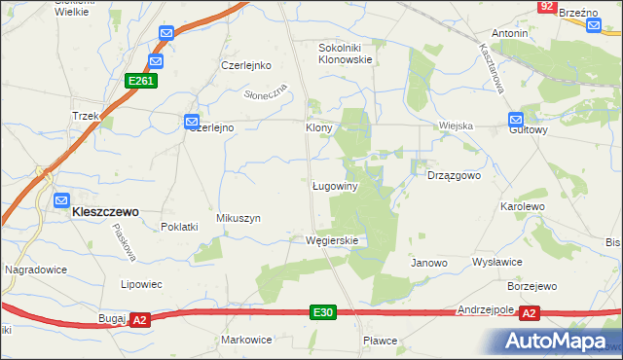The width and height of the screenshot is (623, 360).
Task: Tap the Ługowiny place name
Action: (337, 185)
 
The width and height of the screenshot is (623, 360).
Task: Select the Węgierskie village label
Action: (332, 240)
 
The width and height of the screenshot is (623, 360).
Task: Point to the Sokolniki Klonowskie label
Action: (346, 53)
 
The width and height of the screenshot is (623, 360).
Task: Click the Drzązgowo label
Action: (455, 175)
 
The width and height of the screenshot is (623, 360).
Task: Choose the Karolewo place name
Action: (521, 208)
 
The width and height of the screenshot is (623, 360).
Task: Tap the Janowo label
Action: (428, 263)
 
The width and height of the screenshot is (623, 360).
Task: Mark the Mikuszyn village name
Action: (238, 219)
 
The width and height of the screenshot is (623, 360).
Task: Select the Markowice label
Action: (246, 340)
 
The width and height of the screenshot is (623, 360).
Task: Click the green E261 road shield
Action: (139, 82)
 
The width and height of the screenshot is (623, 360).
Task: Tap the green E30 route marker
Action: (324, 312)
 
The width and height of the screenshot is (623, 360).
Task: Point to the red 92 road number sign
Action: (546, 7)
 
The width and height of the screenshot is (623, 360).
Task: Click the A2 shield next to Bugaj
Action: (139, 319)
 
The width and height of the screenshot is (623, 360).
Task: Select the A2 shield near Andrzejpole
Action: (530, 313)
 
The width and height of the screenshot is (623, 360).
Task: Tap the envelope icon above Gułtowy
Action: (515, 121)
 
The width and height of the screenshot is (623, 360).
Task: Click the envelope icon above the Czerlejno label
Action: (192, 122)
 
